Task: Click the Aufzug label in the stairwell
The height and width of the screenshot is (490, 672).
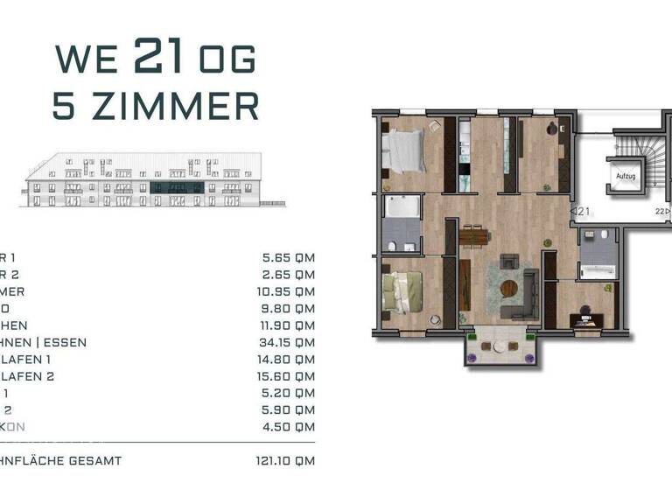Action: (x=625, y=176)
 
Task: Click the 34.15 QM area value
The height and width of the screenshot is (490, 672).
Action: (x=288, y=342)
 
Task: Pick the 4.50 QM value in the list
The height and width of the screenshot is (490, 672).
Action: (x=288, y=427)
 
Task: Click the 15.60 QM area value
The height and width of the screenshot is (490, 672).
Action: (x=288, y=376)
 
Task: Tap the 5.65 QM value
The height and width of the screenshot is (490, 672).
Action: (x=288, y=258)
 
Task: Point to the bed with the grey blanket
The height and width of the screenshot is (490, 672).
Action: (x=406, y=150)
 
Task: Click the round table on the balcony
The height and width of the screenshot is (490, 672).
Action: (x=499, y=346)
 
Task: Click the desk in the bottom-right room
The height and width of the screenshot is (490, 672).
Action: (x=585, y=319)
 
